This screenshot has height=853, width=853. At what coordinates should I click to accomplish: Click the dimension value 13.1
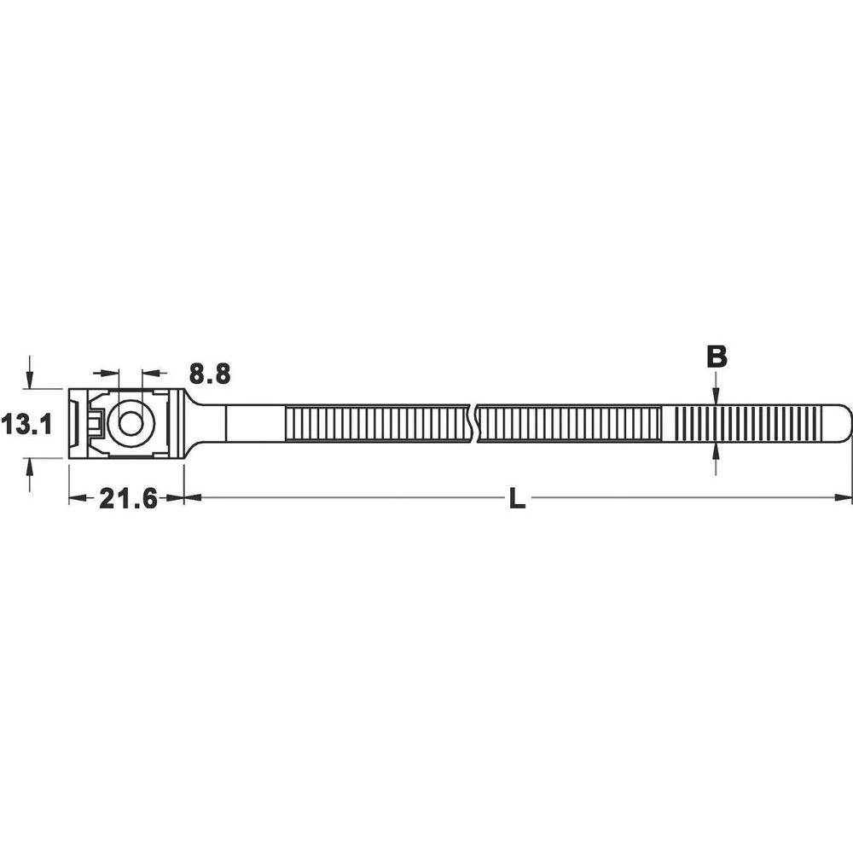[26, 424]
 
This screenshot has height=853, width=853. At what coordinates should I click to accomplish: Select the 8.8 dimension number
[210, 374]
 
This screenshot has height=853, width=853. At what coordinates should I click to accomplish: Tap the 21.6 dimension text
[128, 499]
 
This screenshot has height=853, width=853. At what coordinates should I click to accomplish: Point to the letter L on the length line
[517, 500]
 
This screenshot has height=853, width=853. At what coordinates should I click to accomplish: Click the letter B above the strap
[717, 357]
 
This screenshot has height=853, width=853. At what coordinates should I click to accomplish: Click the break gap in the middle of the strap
[474, 424]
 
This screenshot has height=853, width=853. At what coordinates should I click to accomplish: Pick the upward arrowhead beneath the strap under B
[716, 452]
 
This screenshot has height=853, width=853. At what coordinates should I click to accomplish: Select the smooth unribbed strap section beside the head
[253, 424]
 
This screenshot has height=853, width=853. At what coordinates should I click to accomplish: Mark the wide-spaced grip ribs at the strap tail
[751, 424]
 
